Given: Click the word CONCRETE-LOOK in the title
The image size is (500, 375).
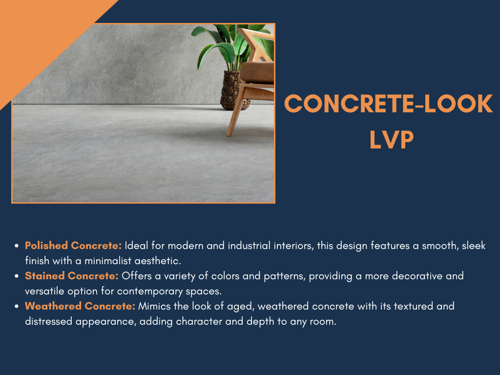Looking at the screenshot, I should coord(389,104).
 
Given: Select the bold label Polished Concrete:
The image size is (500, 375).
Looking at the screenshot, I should coord(73,246).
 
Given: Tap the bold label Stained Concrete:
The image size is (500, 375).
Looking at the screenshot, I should coord(72,276).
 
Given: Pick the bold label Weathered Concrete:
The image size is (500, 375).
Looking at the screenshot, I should coord(80,307).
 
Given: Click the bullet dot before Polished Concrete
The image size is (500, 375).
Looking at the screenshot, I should coord(17,246).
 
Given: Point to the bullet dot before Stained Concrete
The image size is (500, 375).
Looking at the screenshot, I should coord(17,276).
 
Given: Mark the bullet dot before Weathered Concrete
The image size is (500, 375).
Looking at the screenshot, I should coord(17,307).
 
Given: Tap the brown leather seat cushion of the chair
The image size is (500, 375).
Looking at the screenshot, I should coord(257,72).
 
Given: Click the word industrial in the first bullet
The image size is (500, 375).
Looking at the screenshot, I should coord(257,246).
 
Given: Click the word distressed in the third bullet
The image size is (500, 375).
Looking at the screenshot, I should coord(49,322).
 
